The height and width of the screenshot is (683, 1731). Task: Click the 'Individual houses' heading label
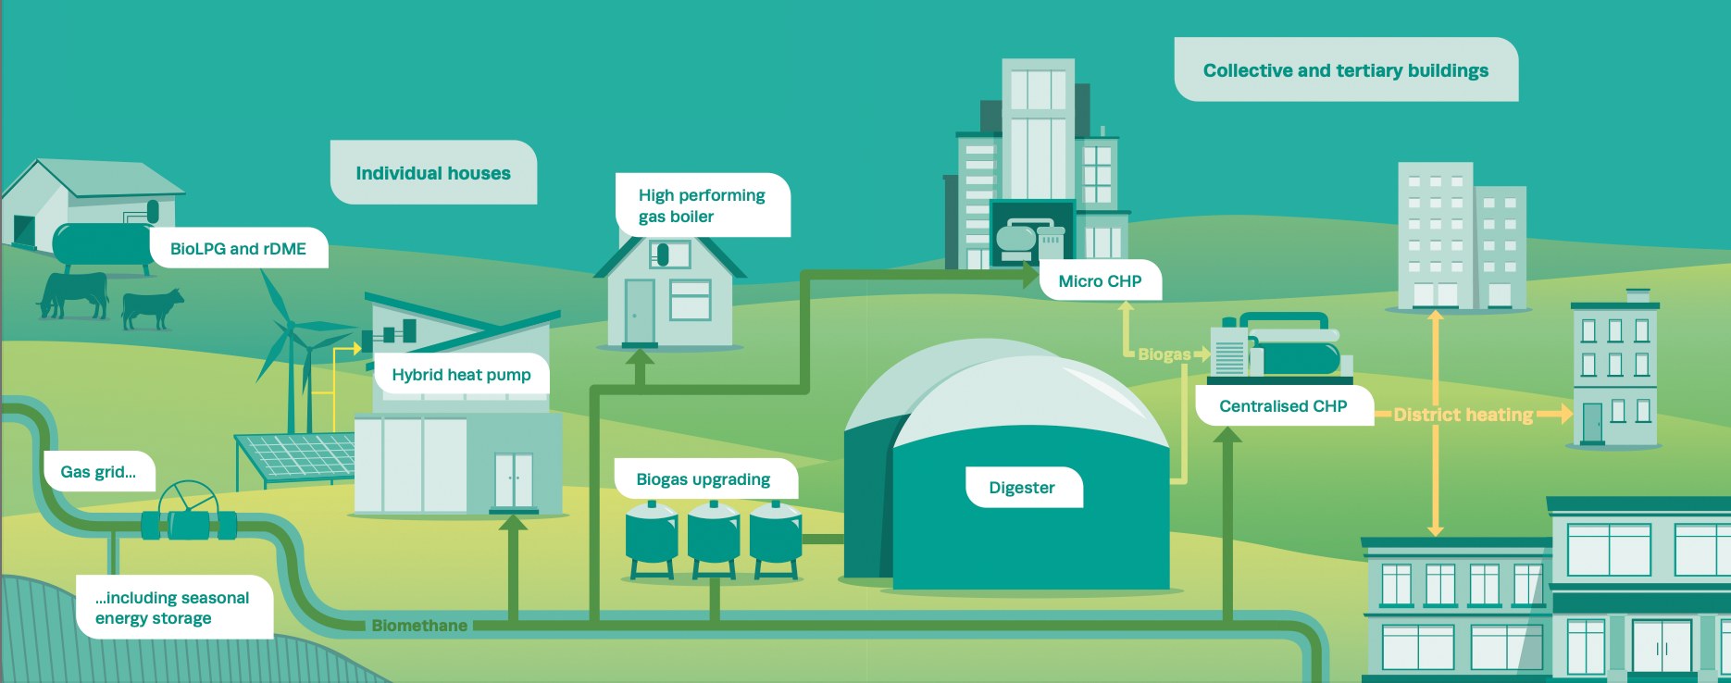click(433, 173)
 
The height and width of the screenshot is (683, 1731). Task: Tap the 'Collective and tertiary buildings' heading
click(1346, 70)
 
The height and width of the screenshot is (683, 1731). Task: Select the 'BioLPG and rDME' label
click(238, 249)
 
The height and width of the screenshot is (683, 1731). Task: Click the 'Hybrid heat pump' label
click(461, 375)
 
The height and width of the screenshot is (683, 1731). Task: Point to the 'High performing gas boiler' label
click(702, 205)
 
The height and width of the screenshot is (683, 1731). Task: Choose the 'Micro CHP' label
click(1100, 281)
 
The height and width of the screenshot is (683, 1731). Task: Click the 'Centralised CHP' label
click(1283, 406)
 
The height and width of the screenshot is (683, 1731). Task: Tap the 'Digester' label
click(1022, 488)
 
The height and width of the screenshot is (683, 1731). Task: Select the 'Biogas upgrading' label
click(704, 479)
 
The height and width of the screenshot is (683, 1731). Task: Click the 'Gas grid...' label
click(98, 472)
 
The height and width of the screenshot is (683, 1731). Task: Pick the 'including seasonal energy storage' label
click(172, 608)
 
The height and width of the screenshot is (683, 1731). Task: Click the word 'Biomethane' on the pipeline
click(419, 626)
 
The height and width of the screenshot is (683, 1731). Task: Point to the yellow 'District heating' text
click(1463, 415)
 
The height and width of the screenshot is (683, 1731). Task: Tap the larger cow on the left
click(74, 294)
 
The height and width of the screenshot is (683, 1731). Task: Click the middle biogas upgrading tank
click(714, 540)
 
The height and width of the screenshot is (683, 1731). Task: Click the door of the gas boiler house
click(640, 311)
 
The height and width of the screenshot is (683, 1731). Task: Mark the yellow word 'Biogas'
click(1164, 354)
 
